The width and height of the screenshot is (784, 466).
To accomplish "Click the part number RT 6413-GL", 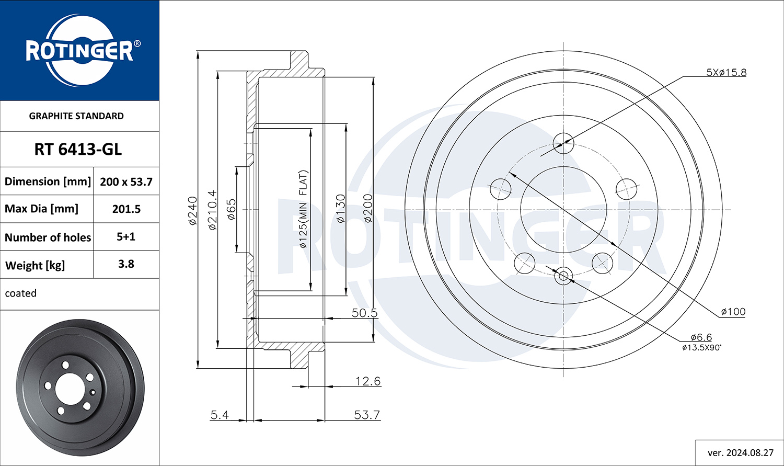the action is pyautogui.click(x=78, y=150).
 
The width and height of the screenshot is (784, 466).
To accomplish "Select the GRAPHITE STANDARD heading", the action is pyautogui.click(x=76, y=116).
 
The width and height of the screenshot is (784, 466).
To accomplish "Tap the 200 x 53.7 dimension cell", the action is pyautogui.click(x=126, y=181).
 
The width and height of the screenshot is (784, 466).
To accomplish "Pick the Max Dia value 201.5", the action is pyautogui.click(x=126, y=209).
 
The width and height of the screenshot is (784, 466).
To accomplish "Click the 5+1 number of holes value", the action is pyautogui.click(x=126, y=237).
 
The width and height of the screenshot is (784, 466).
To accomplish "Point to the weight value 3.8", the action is pyautogui.click(x=126, y=264).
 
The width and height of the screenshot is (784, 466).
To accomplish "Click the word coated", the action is pyautogui.click(x=21, y=293).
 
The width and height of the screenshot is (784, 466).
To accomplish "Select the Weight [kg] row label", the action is pyautogui.click(x=35, y=265).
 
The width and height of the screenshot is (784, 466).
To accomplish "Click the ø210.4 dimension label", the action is pyautogui.click(x=212, y=210).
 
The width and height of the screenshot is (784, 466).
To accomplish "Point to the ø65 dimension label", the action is pyautogui.click(x=232, y=209).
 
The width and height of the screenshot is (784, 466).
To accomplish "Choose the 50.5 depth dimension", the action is pyautogui.click(x=365, y=313).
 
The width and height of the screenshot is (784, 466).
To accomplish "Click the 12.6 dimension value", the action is pyautogui.click(x=368, y=381).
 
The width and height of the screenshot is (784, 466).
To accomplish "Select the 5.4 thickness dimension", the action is pyautogui.click(x=220, y=415).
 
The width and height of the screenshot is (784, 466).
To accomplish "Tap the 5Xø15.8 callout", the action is pyautogui.click(x=727, y=73).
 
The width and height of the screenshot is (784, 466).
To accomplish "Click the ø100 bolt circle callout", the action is pyautogui.click(x=733, y=311).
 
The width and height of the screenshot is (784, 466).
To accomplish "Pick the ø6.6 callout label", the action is pyautogui.click(x=701, y=337).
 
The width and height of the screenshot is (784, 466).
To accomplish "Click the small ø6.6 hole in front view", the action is pyautogui.click(x=563, y=276).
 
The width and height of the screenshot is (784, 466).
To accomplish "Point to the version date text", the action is pyautogui.click(x=741, y=453).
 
